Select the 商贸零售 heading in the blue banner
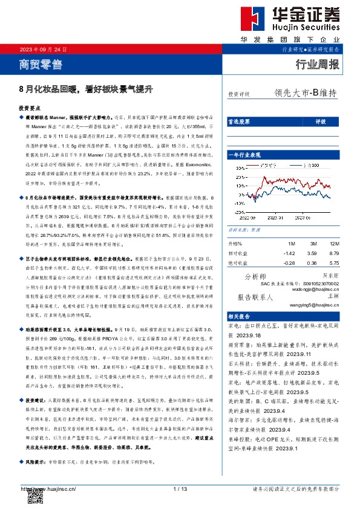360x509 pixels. [41, 62]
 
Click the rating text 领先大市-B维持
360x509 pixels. [305, 93]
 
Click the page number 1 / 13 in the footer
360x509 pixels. [180, 488]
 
